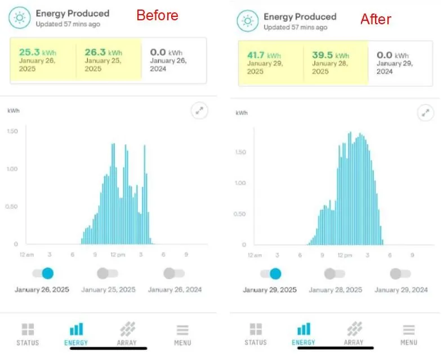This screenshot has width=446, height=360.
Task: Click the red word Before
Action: click(x=157, y=15)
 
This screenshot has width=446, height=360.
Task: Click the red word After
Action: click(x=376, y=19)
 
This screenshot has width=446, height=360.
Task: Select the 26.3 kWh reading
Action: click(x=103, y=52)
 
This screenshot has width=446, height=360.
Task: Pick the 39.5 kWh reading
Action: click(x=326, y=55)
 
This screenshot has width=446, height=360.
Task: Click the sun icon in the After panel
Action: click(x=248, y=21)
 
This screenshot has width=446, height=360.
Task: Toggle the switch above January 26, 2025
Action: click(x=43, y=274)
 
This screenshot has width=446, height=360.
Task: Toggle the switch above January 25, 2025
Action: click(x=108, y=274)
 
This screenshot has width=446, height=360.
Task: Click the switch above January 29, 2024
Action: click(x=400, y=274)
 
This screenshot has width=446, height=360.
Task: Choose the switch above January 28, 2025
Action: click(x=335, y=274)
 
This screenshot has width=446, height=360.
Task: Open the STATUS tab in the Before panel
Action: click(x=28, y=334)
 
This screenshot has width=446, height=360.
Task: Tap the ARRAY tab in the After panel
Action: click(x=354, y=334)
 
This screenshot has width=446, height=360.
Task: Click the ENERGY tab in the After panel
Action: click(x=304, y=334)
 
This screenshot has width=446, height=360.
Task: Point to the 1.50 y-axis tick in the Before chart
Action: click(x=12, y=131)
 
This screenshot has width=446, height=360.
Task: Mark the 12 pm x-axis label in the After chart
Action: click(x=344, y=255)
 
